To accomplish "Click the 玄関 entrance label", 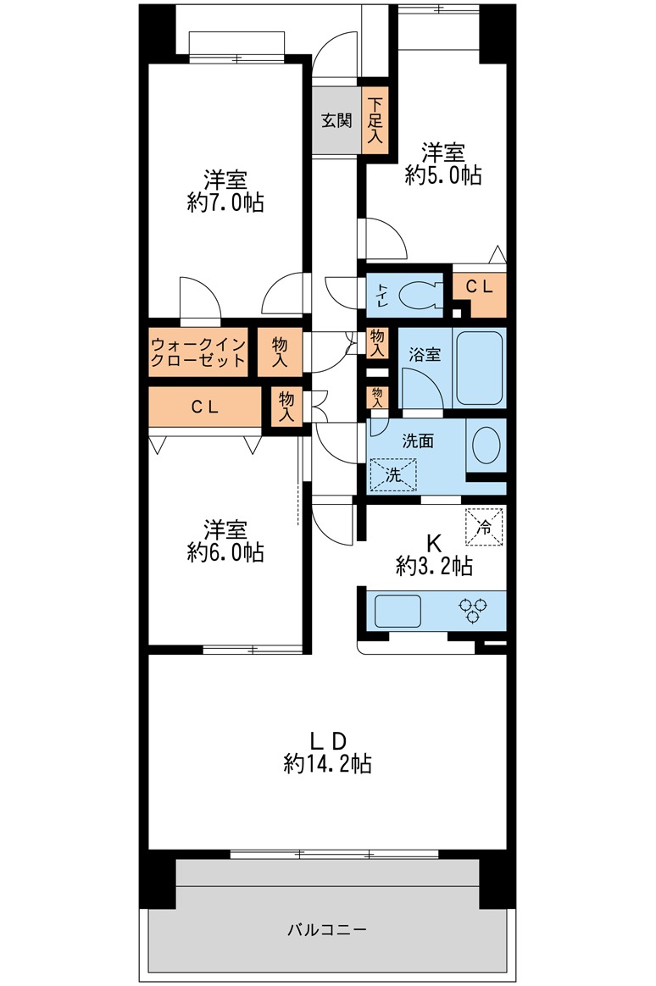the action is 336,120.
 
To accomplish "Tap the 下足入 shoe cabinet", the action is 375,119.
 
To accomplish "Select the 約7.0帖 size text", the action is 225,202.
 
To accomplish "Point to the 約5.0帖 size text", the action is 443,174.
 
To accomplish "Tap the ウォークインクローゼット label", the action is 197,352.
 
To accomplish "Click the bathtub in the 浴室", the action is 479,368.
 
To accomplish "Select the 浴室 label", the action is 425,354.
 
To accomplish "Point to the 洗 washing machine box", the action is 393,474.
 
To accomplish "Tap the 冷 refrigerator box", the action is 484,526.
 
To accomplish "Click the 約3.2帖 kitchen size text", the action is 435,567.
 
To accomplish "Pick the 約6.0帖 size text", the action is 225,552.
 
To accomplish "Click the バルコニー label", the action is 327,928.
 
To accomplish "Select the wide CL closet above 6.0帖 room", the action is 205,407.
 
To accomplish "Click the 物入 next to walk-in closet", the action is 280,352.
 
